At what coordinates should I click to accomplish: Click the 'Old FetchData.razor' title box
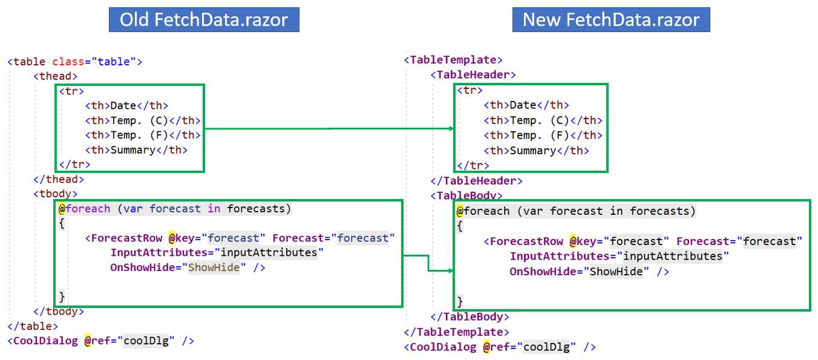click(x=204, y=20)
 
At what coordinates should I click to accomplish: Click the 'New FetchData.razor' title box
click(x=610, y=20)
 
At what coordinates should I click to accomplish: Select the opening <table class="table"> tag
click(x=74, y=62)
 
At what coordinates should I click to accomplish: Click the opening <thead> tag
click(x=55, y=76)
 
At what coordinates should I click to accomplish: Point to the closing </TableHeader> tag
click(x=476, y=181)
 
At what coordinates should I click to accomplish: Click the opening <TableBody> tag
click(x=466, y=195)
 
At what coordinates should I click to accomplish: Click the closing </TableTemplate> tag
click(x=456, y=332)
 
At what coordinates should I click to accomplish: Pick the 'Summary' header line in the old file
click(x=136, y=150)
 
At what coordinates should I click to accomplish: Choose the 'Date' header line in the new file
click(x=526, y=105)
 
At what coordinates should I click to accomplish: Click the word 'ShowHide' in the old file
click(x=214, y=267)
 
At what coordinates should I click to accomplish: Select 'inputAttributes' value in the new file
click(x=673, y=257)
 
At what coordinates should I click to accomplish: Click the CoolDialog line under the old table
click(x=100, y=341)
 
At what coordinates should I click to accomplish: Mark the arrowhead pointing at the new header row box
click(x=451, y=128)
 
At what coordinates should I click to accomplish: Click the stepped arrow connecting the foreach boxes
click(x=428, y=263)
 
